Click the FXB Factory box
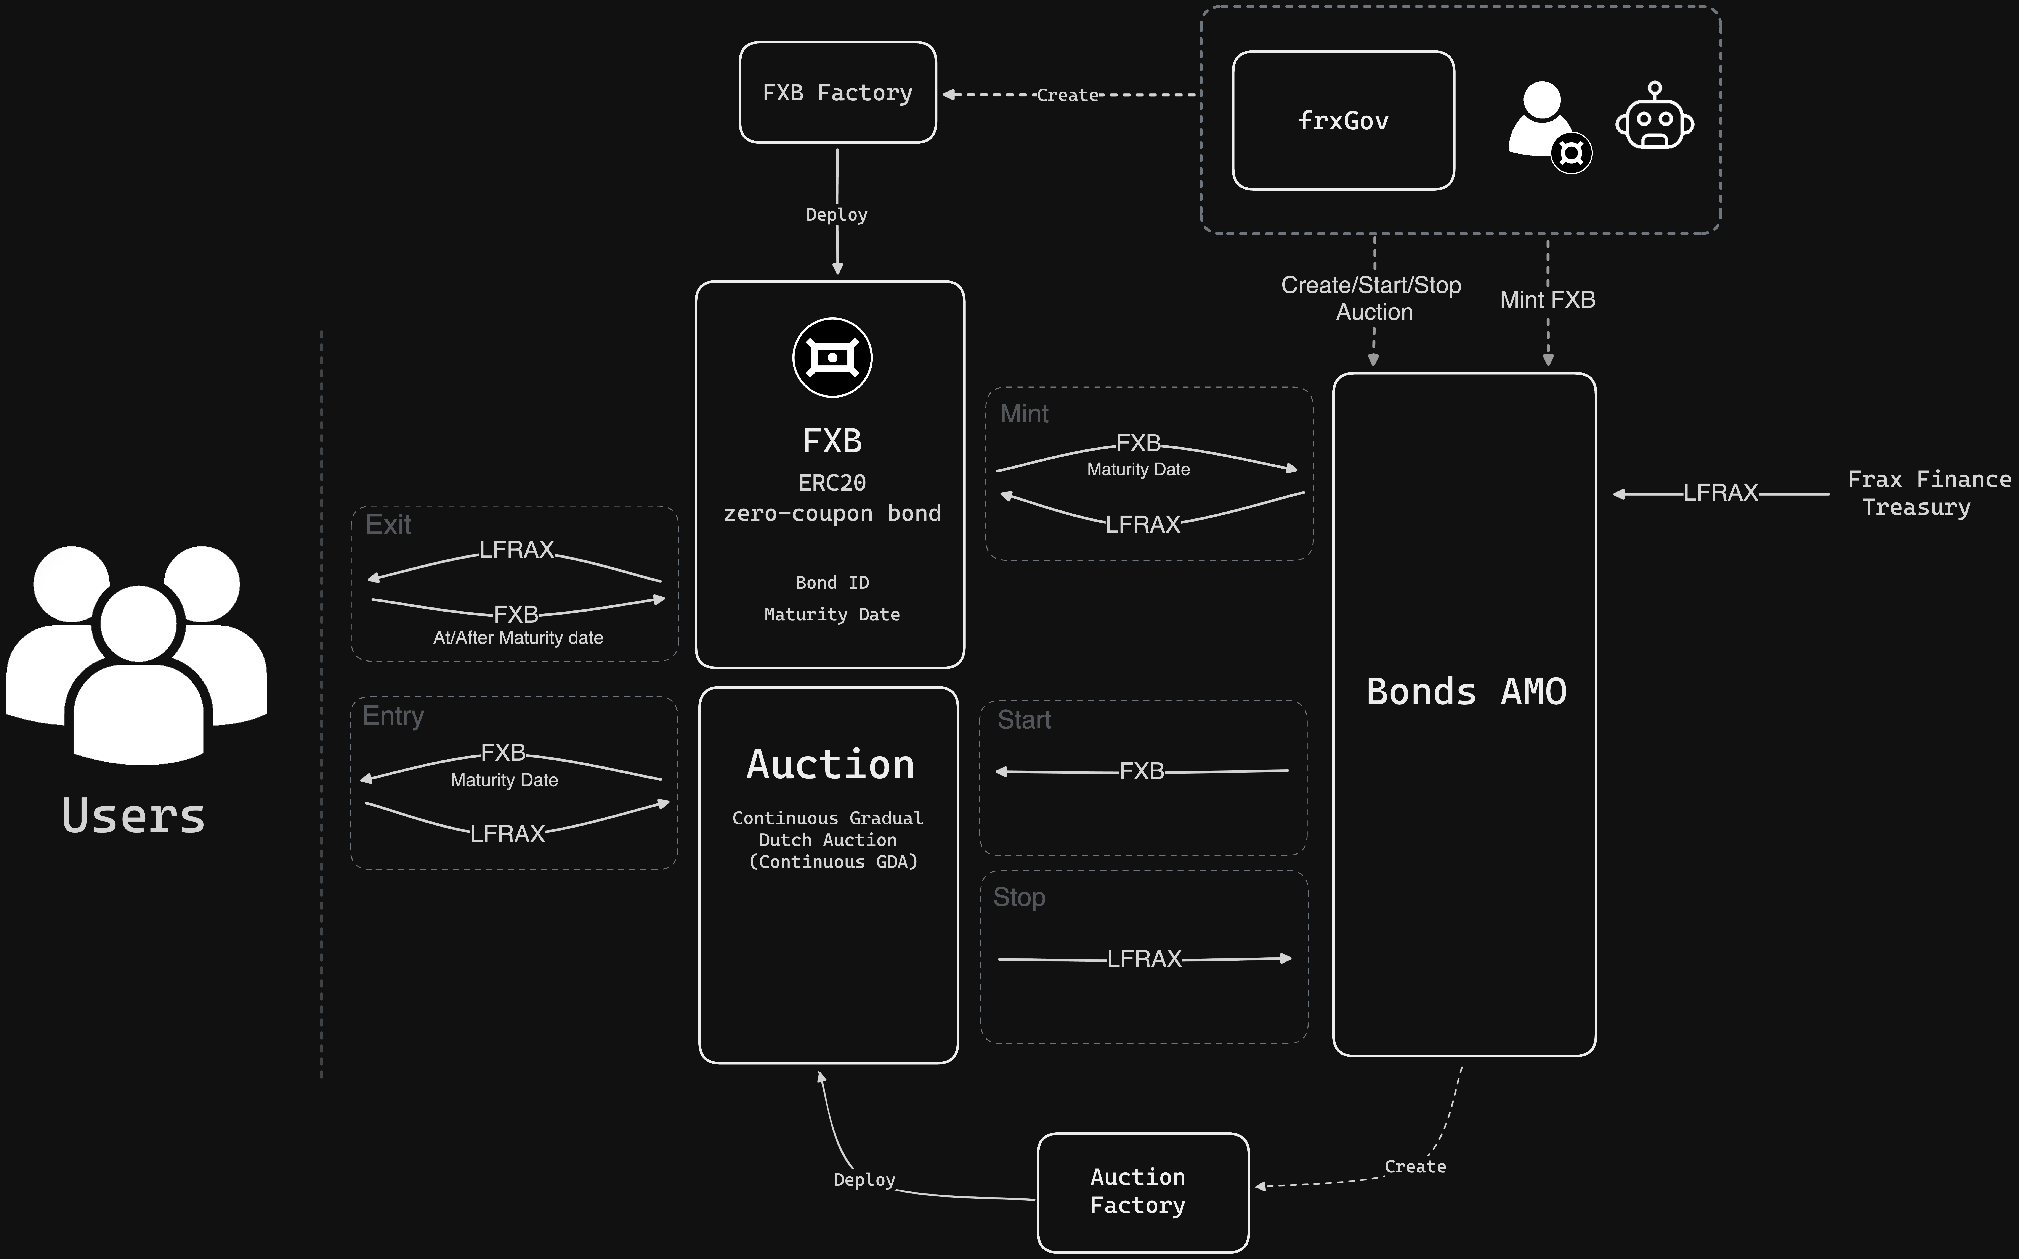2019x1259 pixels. (837, 92)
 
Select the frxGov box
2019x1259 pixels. (1342, 121)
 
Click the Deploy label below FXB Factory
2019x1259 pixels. (836, 215)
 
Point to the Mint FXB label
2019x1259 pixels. (1547, 300)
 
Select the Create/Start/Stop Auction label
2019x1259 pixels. (1371, 298)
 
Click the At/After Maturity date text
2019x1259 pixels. (518, 638)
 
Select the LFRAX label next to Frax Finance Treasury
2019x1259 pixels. (1720, 493)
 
